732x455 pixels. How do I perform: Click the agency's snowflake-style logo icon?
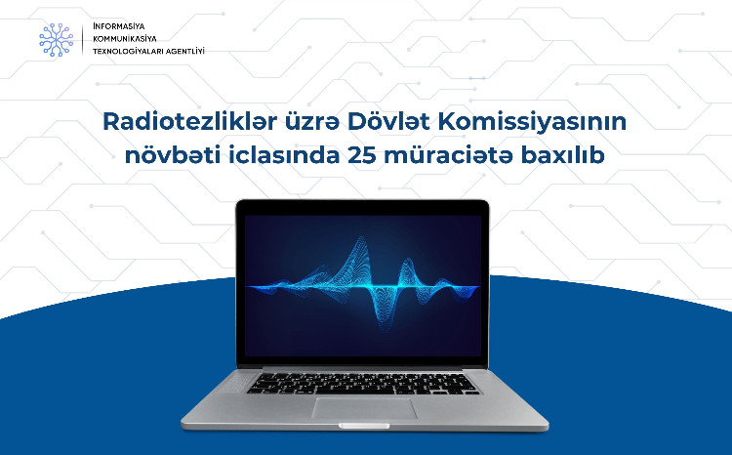click(x=56, y=38)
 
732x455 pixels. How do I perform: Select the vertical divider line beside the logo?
click(x=83, y=38)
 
